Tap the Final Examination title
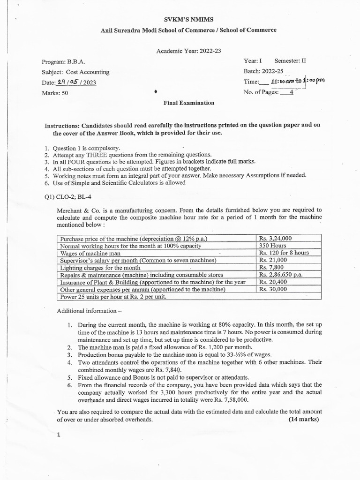[x=188, y=103]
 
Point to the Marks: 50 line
[x=55, y=93]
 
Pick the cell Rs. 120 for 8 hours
[x=284, y=253]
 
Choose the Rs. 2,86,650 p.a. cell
[x=282, y=275]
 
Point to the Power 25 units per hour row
[x=113, y=297]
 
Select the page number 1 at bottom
[x=59, y=435]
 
